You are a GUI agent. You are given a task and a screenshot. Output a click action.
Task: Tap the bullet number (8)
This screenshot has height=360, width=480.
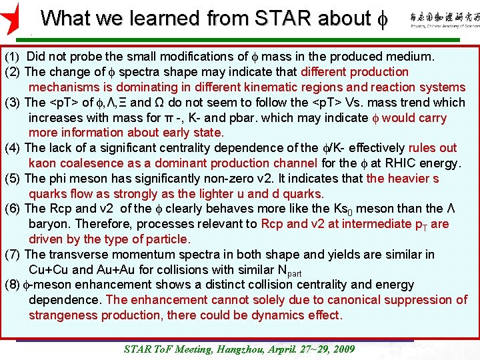[13, 285]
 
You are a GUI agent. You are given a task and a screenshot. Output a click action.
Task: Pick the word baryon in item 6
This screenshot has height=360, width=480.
[47, 224]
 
